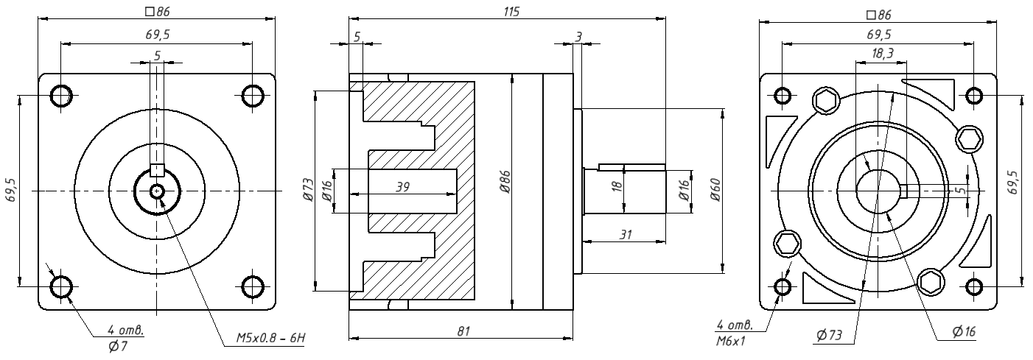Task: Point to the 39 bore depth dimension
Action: (402, 187)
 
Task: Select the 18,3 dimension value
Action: (881, 54)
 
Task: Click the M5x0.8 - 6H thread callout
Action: (270, 339)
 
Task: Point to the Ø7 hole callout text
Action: (117, 346)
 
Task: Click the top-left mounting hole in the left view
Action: (61, 96)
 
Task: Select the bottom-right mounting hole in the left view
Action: (252, 286)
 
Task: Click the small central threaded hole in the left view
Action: (157, 191)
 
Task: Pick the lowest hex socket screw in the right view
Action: (931, 281)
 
